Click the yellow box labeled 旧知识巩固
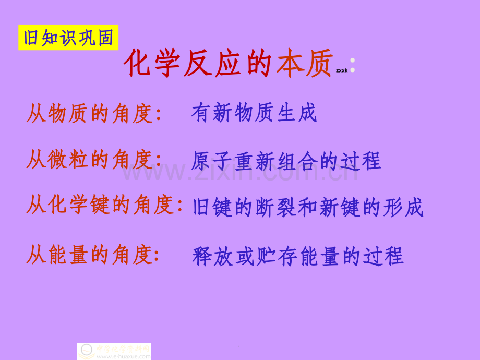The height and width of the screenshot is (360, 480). coord(68,38)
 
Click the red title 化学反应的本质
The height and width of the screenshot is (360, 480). coord(228,64)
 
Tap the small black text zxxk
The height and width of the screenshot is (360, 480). coord(342,70)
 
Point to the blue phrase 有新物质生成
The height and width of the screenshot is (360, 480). coord(254,113)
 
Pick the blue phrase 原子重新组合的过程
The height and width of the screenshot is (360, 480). coord(286,161)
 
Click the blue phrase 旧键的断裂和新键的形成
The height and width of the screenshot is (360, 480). coord(308,207)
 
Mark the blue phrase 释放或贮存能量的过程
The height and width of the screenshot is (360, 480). coord(298,256)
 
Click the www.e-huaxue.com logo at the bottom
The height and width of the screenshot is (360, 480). coord(114,351)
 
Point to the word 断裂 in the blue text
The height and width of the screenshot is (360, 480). coord(276,207)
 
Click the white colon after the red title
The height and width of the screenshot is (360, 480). coord(353,65)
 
